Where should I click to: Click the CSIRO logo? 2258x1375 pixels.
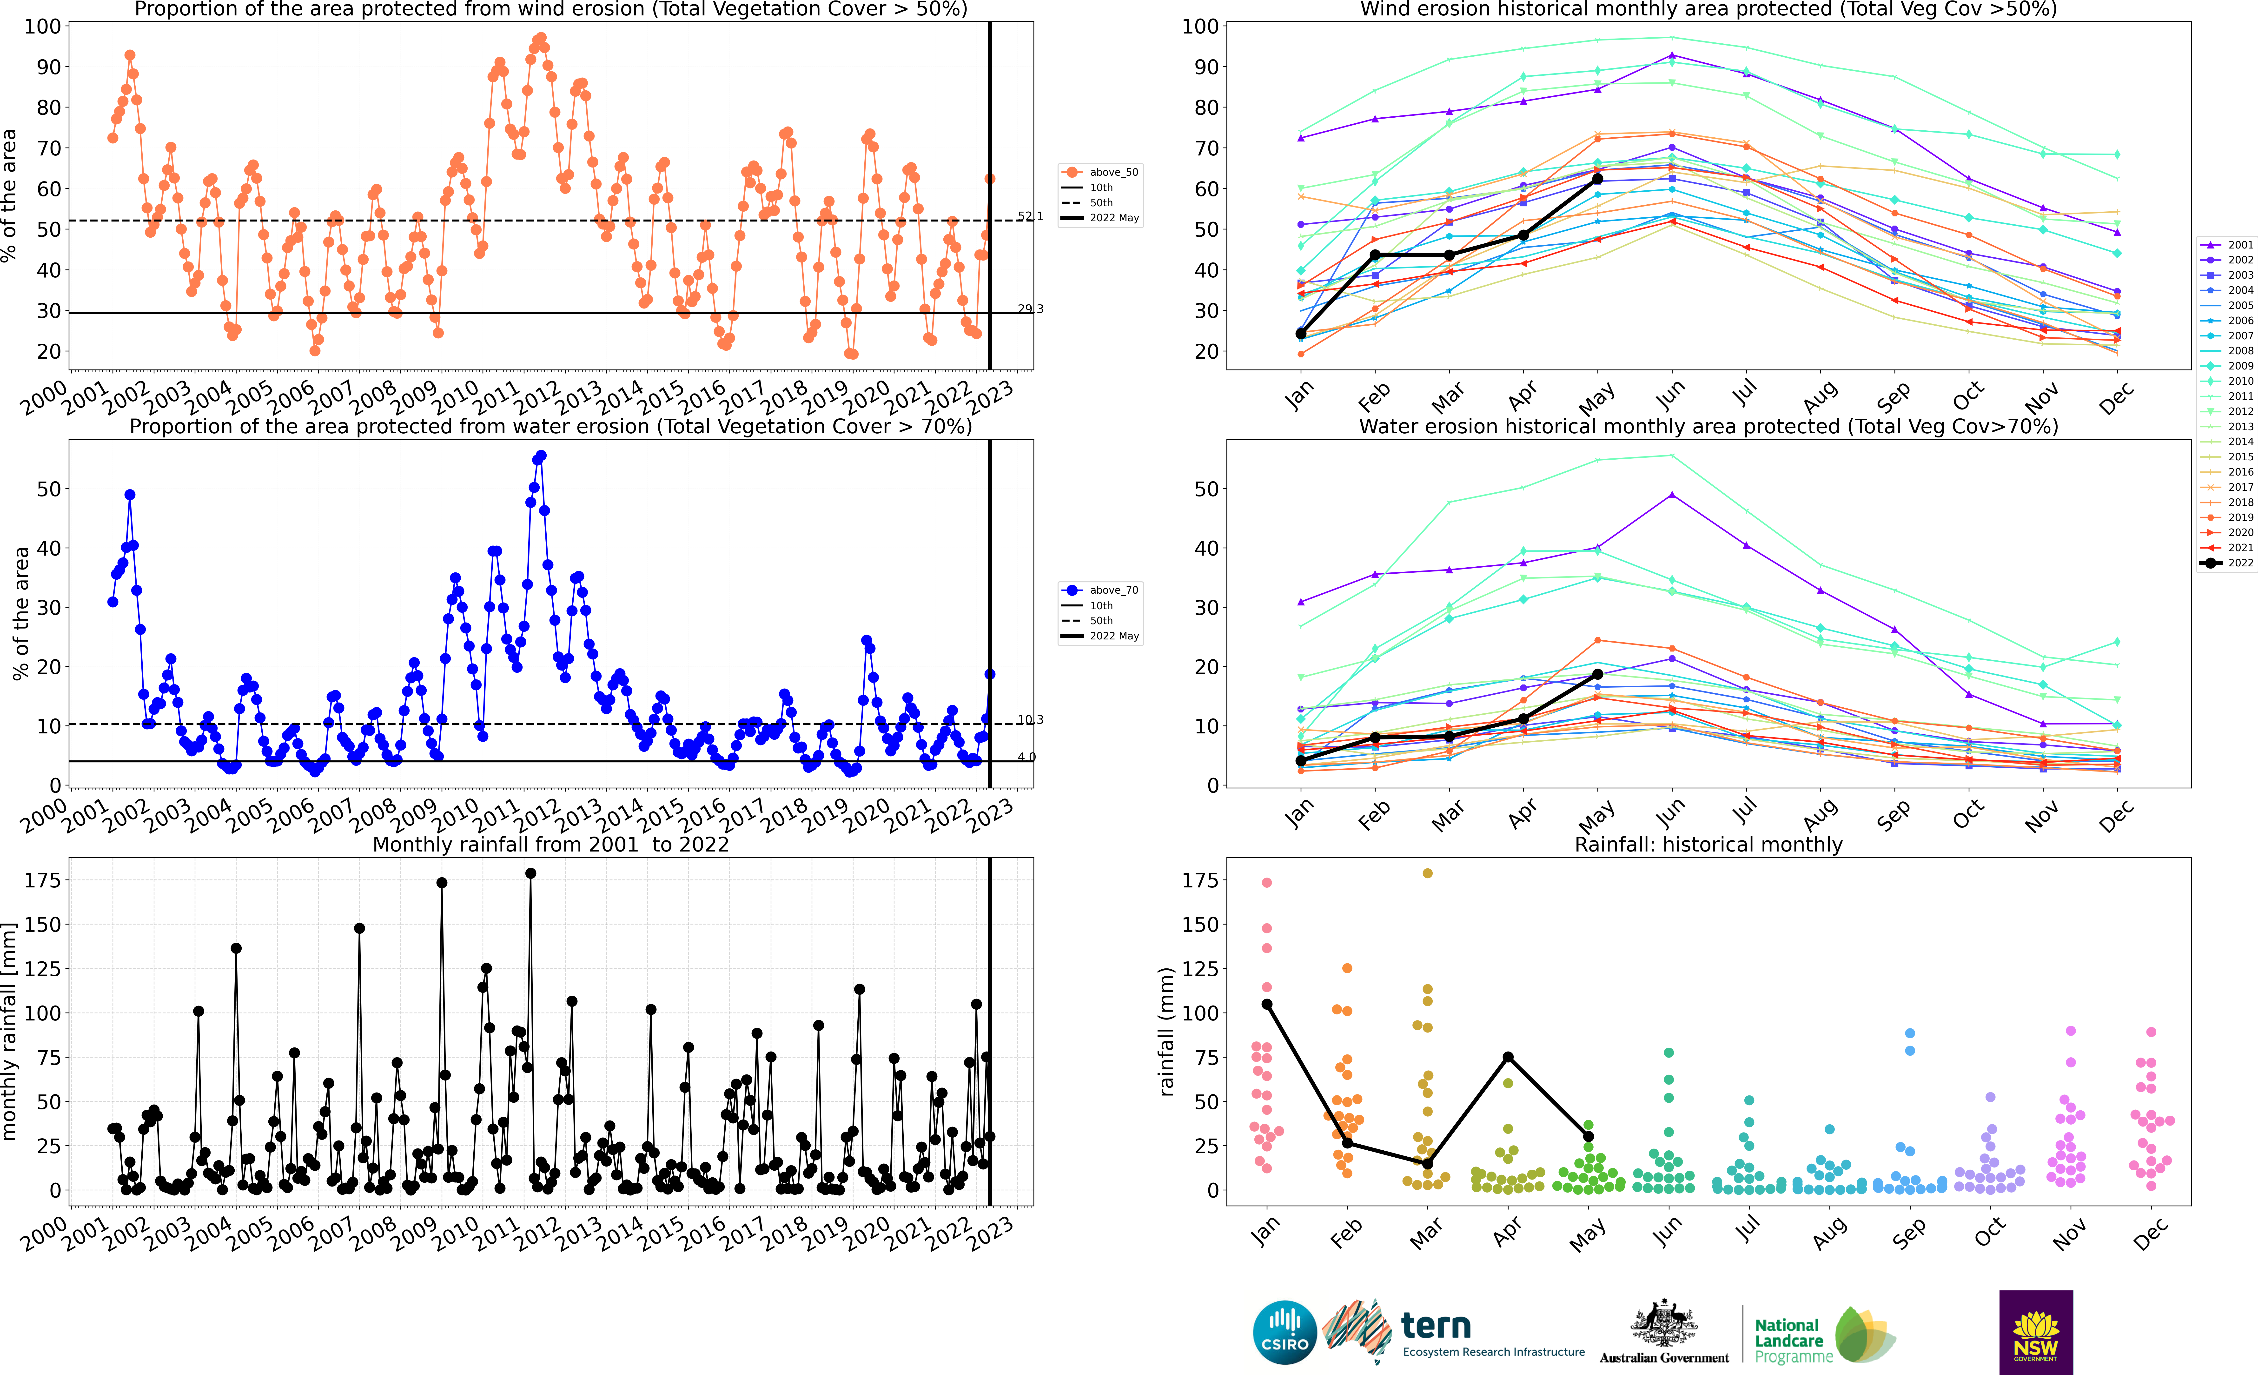1284,1332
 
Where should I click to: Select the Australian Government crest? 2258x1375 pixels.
1663,1325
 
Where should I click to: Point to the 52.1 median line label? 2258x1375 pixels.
1030,216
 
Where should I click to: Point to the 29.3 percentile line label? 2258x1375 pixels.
1030,309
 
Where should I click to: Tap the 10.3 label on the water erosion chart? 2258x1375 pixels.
1030,720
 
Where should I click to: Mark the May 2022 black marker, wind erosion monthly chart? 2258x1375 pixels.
1597,179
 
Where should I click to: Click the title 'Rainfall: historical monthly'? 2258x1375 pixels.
1708,844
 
